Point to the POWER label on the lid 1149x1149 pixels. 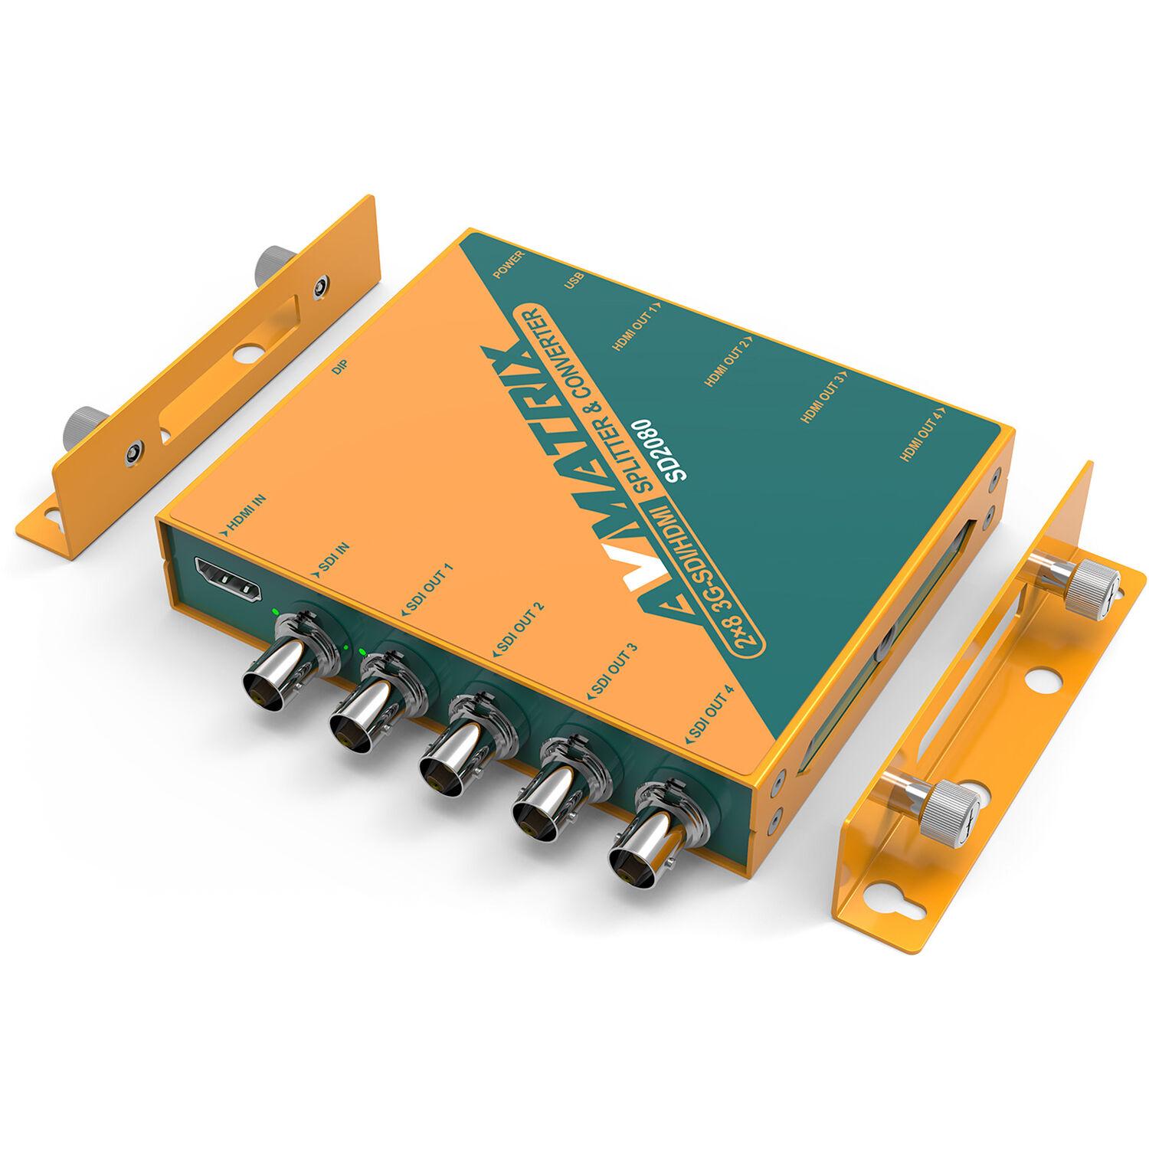[x=509, y=264]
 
